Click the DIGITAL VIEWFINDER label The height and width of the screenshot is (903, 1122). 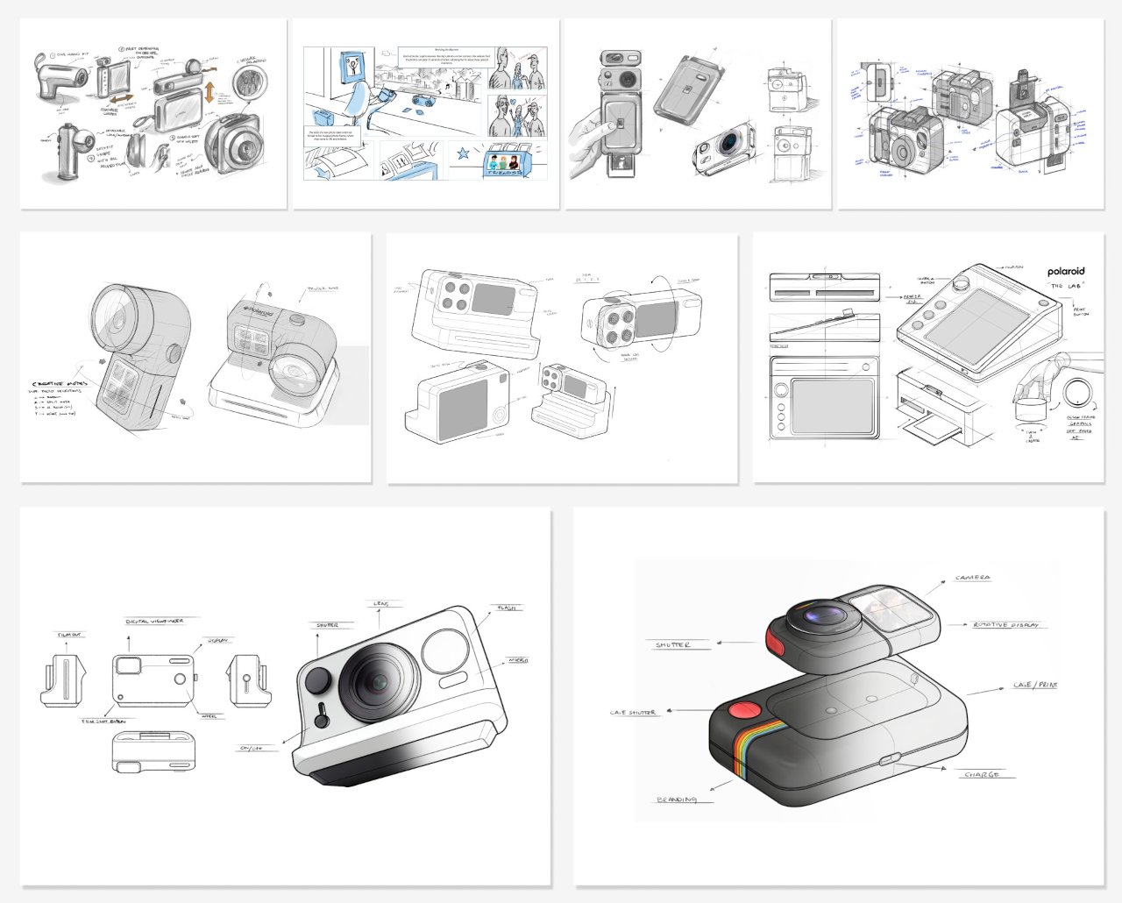click(154, 620)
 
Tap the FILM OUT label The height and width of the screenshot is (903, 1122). click(71, 635)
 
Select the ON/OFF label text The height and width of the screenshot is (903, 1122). click(251, 748)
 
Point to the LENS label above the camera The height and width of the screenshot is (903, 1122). click(382, 604)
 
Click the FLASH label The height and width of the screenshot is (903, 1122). click(507, 608)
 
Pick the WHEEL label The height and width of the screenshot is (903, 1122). click(209, 715)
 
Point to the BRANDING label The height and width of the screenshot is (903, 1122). click(677, 800)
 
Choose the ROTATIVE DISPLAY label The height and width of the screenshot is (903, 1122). click(1005, 625)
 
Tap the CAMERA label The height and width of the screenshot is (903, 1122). click(973, 578)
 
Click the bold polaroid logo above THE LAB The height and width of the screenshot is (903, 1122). click(1065, 272)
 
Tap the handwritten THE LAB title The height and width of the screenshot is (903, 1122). click(1067, 287)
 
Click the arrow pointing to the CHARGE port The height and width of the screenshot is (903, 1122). click(929, 766)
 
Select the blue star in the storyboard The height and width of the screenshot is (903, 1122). click(462, 155)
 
